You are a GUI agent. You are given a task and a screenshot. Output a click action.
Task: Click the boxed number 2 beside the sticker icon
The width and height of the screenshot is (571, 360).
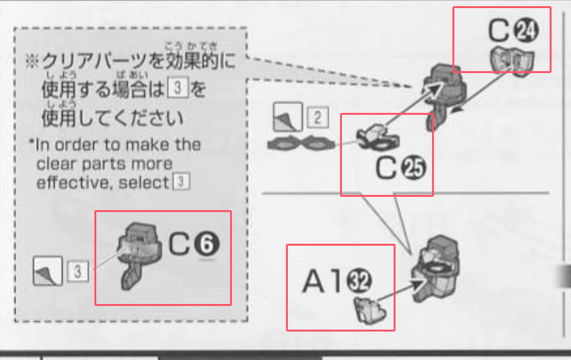coord(317,117)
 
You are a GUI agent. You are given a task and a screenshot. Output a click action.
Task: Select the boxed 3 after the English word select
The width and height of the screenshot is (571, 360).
coord(182,182)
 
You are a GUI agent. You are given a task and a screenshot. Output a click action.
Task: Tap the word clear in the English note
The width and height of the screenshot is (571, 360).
coord(52,164)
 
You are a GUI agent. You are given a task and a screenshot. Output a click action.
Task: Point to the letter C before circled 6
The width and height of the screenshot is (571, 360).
coord(181,244)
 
